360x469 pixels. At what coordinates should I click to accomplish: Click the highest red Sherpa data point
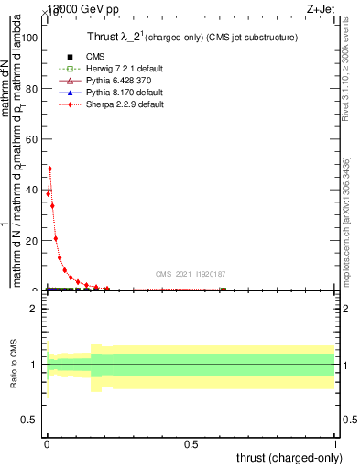pyautogui.click(x=49, y=169)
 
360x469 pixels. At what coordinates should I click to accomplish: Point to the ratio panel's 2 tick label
pyautogui.click(x=34, y=309)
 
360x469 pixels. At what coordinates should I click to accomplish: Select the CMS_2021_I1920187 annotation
pyautogui.click(x=191, y=274)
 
